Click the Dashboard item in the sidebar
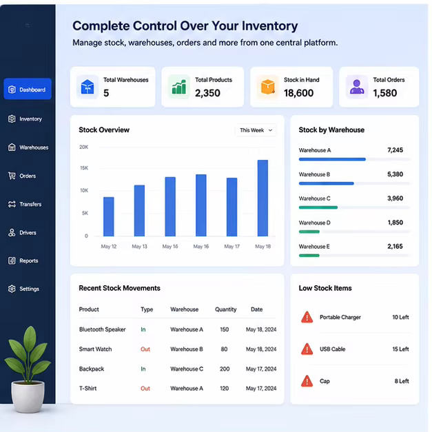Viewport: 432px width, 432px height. click(x=28, y=89)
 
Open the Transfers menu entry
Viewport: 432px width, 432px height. click(x=25, y=204)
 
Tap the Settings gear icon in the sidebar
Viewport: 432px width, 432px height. click(x=12, y=289)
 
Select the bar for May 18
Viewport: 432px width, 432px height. click(x=263, y=198)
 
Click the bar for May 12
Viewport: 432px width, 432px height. click(x=109, y=216)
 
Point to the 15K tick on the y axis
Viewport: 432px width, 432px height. click(x=84, y=168)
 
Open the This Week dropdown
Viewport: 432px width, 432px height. click(x=256, y=130)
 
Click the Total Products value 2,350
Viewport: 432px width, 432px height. click(x=207, y=93)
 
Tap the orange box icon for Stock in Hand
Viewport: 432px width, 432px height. click(x=267, y=87)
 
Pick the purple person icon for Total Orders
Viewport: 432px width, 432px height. click(x=357, y=87)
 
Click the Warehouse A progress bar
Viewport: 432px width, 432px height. click(x=332, y=159)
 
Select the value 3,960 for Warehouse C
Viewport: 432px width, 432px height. click(x=395, y=198)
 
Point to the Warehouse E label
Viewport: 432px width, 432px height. click(x=314, y=246)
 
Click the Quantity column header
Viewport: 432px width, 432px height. click(x=225, y=309)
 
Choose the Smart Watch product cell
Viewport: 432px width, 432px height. click(x=95, y=349)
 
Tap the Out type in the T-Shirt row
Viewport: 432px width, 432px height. click(x=145, y=389)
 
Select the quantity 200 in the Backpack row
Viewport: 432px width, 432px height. click(x=225, y=369)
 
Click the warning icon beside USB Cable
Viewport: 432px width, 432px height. click(x=307, y=349)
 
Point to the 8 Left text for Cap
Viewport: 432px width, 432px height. click(x=402, y=381)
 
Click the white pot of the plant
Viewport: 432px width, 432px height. click(x=28, y=396)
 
